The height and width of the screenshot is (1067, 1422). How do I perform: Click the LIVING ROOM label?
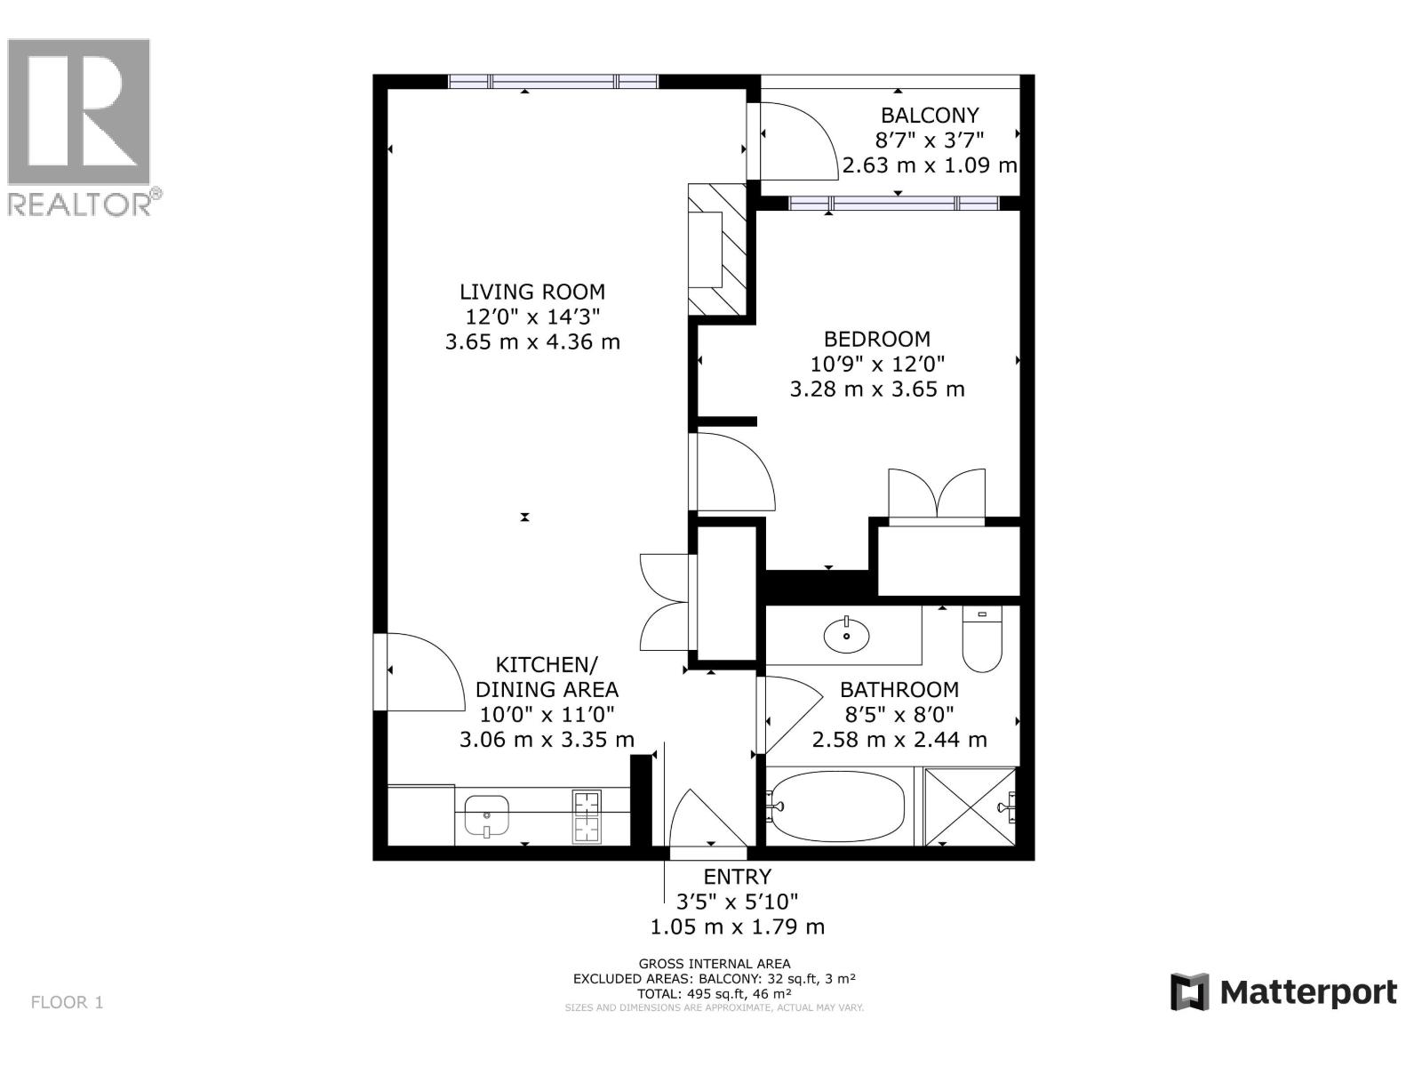click(x=532, y=292)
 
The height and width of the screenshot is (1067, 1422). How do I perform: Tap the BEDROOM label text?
click(x=876, y=339)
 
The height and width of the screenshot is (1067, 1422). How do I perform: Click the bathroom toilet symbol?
click(x=982, y=638)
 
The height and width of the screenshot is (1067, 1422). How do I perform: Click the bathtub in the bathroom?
click(x=837, y=806)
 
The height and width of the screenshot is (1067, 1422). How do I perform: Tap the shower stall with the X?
click(x=970, y=806)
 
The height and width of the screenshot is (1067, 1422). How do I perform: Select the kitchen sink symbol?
click(x=485, y=815)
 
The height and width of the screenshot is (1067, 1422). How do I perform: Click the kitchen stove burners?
click(x=587, y=815)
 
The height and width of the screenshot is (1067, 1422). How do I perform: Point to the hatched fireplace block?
click(x=717, y=249)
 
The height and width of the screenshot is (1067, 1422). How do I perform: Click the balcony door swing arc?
click(x=798, y=138)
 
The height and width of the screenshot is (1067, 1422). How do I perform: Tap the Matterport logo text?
click(x=1307, y=991)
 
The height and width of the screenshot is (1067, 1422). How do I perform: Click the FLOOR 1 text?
click(x=68, y=1002)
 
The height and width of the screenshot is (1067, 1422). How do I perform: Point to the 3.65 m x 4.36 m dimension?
click(x=532, y=341)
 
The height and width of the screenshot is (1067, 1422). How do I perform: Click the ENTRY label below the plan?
click(x=737, y=877)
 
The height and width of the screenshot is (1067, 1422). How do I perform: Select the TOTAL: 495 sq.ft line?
click(x=714, y=993)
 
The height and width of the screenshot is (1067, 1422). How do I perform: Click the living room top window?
click(x=553, y=82)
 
